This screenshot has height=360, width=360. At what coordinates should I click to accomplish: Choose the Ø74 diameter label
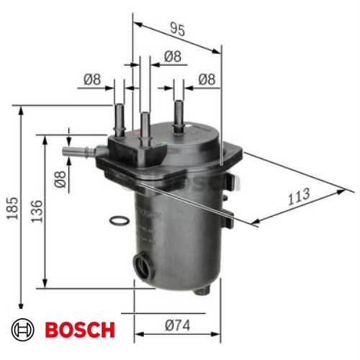tap(177, 325)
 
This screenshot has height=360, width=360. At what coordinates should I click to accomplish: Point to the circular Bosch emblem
tap(24, 330)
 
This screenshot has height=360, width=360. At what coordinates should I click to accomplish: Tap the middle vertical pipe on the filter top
tap(145, 124)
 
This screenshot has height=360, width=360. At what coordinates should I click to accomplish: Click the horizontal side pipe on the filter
tap(78, 152)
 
